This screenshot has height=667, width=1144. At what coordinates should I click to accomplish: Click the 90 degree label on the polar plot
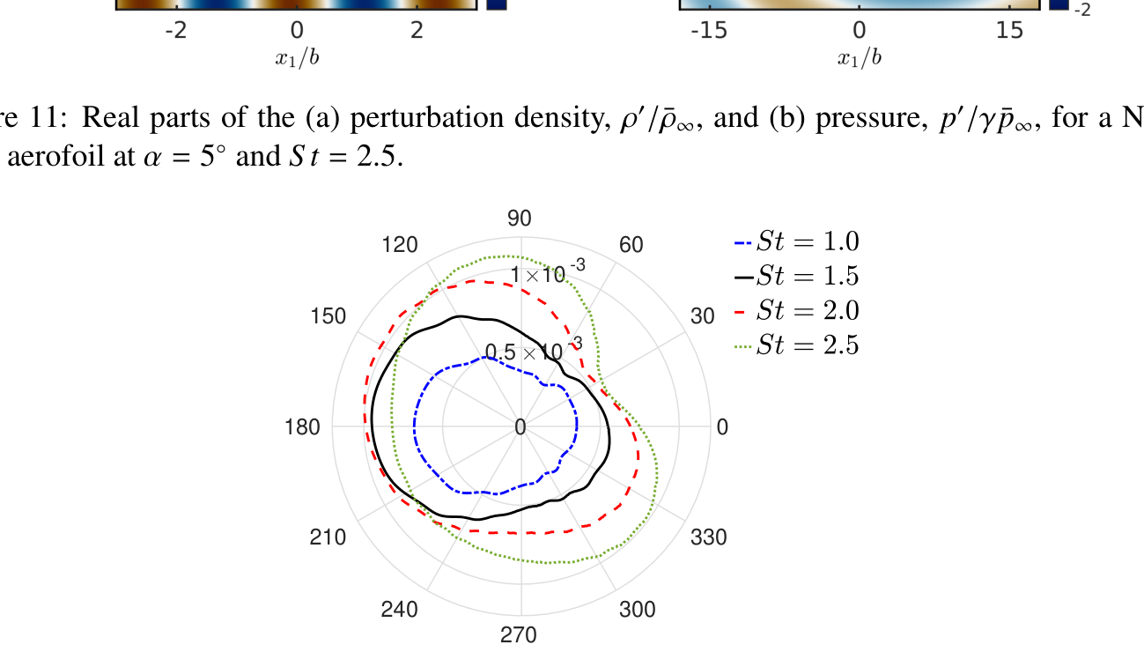click(x=520, y=219)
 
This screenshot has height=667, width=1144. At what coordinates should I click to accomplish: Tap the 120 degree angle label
click(x=400, y=245)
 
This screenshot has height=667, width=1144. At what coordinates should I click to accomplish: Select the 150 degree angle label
click(x=328, y=316)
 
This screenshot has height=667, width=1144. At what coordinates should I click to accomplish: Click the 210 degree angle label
click(x=328, y=537)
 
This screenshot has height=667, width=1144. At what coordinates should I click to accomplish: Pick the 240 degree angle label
click(x=399, y=609)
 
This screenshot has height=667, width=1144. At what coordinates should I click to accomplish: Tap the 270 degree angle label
click(x=519, y=634)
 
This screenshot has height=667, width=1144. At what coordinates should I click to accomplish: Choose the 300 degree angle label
click(x=637, y=609)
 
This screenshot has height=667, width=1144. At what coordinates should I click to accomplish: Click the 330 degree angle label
click(x=709, y=537)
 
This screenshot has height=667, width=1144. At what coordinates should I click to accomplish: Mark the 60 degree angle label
click(x=631, y=245)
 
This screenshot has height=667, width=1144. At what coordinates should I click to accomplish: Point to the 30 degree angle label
click(x=702, y=316)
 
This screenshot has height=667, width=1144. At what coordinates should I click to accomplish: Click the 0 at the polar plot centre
click(x=520, y=427)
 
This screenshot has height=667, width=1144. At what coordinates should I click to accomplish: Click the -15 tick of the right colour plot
click(x=709, y=31)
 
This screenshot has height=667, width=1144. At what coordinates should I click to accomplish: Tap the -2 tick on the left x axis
click(x=177, y=31)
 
